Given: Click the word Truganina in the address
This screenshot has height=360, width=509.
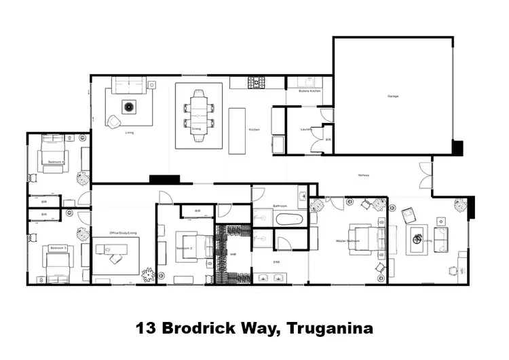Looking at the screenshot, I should click(331, 329).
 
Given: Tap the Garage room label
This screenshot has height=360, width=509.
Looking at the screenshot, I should click(393, 96).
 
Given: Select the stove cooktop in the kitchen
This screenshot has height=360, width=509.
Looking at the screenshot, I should click(257, 83).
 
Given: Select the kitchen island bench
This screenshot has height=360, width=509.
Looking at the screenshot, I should click(236, 130).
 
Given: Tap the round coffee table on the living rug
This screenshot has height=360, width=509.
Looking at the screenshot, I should click(129, 106).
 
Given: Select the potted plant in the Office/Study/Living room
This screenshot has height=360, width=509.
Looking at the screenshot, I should click(147, 274).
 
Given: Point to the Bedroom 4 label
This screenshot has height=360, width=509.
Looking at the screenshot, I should click(55, 162).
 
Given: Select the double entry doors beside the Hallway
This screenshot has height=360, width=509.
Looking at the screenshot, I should click(425, 175).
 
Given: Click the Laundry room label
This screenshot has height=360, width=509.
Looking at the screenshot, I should click(305, 128).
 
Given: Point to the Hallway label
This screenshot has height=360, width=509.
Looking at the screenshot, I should click(364, 176).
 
